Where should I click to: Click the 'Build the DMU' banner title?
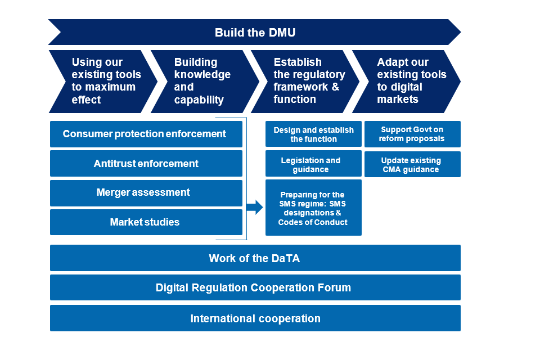(x=255, y=33)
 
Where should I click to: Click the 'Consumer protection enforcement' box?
(x=146, y=134)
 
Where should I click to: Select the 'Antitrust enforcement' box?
(x=146, y=164)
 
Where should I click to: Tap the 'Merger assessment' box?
(x=146, y=193)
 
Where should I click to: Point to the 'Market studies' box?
(x=146, y=222)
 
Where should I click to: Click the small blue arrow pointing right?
(x=255, y=208)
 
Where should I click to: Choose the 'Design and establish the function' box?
(x=313, y=134)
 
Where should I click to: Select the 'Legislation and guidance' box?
(x=313, y=164)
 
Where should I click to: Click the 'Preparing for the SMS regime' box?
(x=313, y=208)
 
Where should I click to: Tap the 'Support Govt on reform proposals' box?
(x=412, y=134)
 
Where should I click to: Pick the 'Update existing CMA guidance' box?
(x=412, y=164)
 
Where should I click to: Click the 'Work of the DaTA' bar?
(x=255, y=258)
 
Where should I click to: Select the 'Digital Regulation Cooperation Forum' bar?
(x=255, y=287)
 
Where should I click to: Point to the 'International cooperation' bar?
(x=255, y=318)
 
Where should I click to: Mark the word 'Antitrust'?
(x=116, y=164)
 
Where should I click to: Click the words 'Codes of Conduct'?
(x=313, y=222)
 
